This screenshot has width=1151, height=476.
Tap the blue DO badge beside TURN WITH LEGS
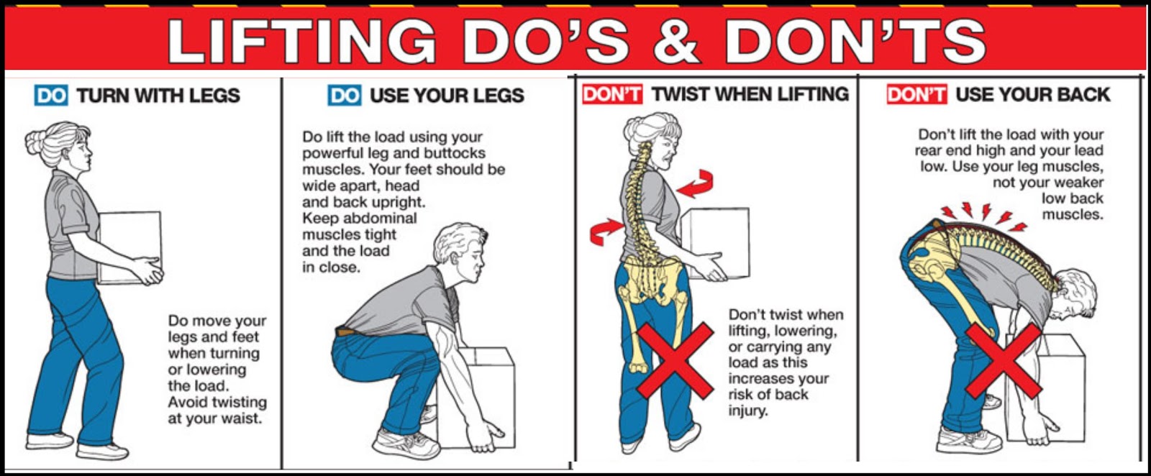[x=51, y=96]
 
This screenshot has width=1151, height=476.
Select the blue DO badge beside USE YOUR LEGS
[x=345, y=96]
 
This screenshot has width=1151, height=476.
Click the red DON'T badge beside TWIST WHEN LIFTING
[x=612, y=94]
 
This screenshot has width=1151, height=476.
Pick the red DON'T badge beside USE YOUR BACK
[x=916, y=94]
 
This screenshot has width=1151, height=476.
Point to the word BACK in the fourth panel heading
[x=1085, y=94]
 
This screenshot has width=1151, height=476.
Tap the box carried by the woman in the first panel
[x=129, y=247]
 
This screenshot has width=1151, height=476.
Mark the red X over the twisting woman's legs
[x=675, y=361]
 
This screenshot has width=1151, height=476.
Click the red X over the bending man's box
[x=1004, y=361]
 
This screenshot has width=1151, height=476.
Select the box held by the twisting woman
[x=716, y=242]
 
